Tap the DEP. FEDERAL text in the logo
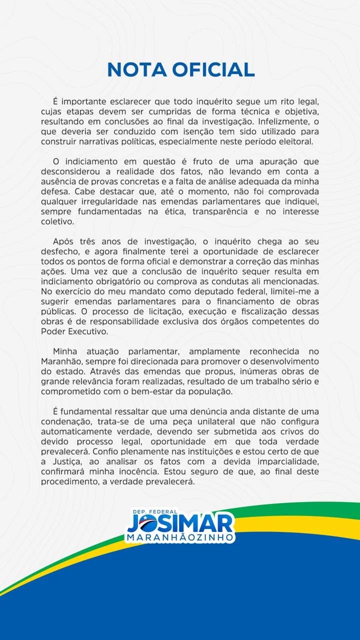tap(155, 512)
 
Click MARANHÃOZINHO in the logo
tap(180, 537)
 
